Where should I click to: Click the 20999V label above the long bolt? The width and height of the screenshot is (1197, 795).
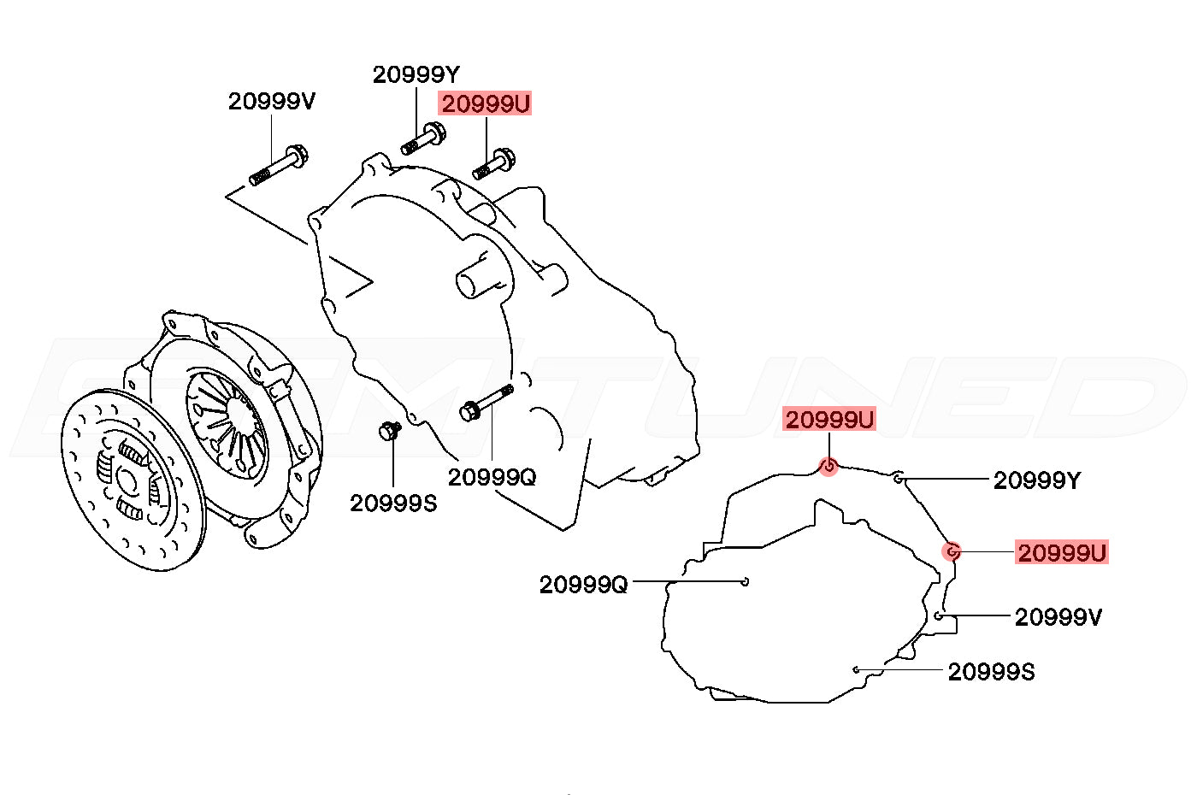coord(272,101)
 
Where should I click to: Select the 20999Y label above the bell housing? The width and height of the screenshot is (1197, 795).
coord(416,74)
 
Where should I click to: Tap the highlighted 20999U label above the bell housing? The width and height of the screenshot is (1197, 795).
coord(486,103)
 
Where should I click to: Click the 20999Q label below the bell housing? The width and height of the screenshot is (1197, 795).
coord(492,477)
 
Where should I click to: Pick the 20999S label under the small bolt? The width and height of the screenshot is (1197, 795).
coord(393,503)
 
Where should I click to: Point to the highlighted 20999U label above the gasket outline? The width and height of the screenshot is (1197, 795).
coord(829,420)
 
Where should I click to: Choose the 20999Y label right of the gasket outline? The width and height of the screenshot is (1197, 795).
coord(1036,480)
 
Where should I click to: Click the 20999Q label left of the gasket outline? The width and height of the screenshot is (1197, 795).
coord(583,585)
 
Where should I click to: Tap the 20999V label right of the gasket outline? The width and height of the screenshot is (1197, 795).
coord(1058,617)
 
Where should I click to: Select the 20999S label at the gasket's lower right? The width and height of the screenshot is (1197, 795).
coord(991,672)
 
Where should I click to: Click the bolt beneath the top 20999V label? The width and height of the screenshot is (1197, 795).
coord(279,165)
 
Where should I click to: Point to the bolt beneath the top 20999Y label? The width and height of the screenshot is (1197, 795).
coord(423,138)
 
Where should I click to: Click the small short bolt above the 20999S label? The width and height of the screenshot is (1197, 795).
coord(390,430)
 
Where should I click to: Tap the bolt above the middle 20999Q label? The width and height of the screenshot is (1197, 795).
coord(486,403)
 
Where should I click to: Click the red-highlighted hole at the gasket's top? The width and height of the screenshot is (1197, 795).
coord(828,467)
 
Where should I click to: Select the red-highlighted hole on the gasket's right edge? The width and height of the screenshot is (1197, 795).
coord(951,551)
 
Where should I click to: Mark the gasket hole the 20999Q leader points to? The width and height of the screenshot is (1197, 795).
coord(746,582)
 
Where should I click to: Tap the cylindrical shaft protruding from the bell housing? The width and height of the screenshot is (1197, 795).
coord(477,277)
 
